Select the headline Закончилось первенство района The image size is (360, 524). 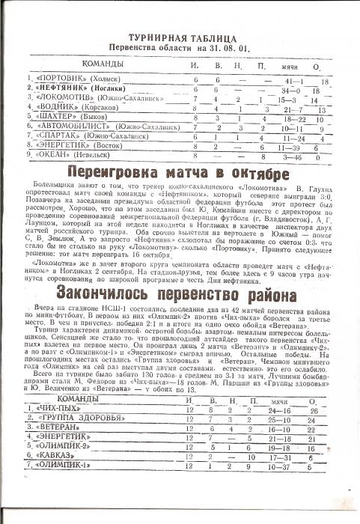(x=179, y=309)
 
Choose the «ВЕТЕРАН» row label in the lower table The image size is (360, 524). (x=57, y=432)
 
